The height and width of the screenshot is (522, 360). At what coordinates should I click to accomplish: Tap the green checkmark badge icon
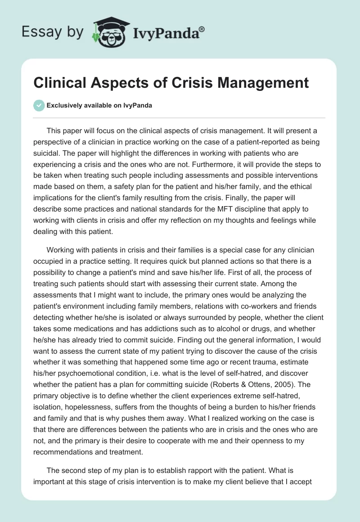pos(39,105)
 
